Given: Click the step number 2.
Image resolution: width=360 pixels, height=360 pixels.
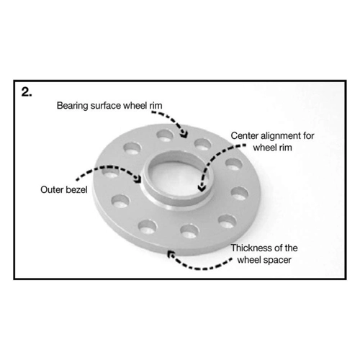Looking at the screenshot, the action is pyautogui.click(x=27, y=92).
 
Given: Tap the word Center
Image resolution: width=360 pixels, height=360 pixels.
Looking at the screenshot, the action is pyautogui.click(x=244, y=136).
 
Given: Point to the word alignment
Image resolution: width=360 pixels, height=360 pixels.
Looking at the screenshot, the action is pyautogui.click(x=282, y=136).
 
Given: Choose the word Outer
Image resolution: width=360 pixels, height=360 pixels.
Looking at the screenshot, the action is pyautogui.click(x=50, y=190).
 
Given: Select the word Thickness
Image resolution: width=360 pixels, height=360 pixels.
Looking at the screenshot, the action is pyautogui.click(x=250, y=248).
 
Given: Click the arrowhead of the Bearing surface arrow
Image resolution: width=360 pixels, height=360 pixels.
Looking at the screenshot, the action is pyautogui.click(x=184, y=134).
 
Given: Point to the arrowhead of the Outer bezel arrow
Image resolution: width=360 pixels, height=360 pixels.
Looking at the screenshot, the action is pyautogui.click(x=138, y=179).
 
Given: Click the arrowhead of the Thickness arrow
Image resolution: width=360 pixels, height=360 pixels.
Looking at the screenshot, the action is pyautogui.click(x=171, y=254).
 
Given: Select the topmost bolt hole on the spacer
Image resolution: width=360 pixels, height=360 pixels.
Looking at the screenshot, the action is pyautogui.click(x=165, y=135).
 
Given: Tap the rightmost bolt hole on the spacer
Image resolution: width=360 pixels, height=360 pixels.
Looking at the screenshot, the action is pyautogui.click(x=240, y=194).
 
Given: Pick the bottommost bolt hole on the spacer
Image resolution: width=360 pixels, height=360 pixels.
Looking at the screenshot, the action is pyautogui.click(x=190, y=231).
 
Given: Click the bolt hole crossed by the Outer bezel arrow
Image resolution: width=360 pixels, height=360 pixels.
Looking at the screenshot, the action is pyautogui.click(x=111, y=172).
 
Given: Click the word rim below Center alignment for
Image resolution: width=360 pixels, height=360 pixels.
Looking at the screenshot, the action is pyautogui.click(x=285, y=148).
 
